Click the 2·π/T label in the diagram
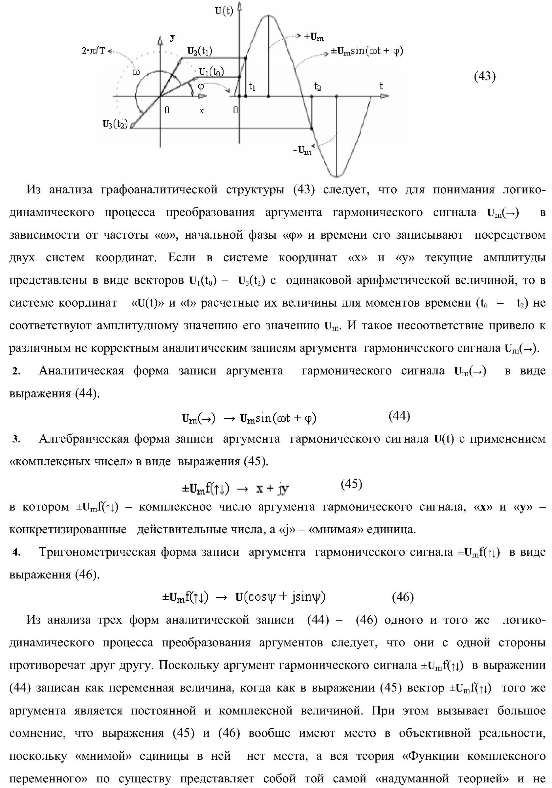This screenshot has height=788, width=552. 93,52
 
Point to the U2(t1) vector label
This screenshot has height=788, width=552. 199,52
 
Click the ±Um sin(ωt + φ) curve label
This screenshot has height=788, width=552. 366,52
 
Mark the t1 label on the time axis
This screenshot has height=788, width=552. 252,87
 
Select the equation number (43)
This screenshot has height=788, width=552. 485,76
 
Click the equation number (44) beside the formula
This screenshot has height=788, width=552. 400,416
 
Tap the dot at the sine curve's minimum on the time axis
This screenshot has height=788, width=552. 336,97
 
